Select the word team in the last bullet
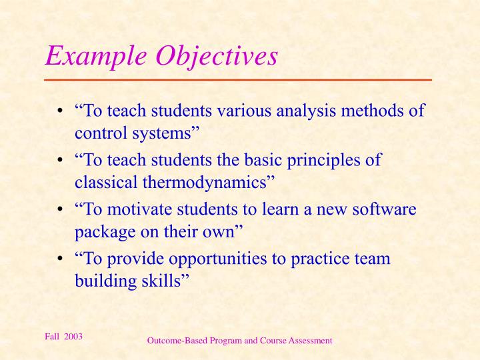click(x=375, y=259)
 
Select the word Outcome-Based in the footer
click(x=175, y=341)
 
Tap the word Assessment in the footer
click(x=310, y=341)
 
